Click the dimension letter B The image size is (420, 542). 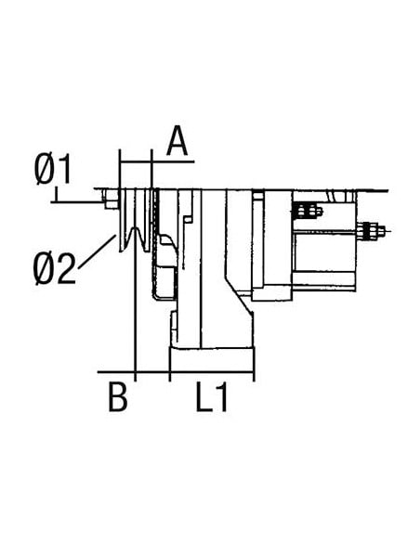click(116, 399)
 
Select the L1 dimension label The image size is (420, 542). click(213, 399)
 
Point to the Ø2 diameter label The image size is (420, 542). click(53, 269)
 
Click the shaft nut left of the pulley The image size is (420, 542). click(112, 200)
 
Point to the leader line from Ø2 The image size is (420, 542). click(98, 252)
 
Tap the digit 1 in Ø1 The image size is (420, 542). click(69, 171)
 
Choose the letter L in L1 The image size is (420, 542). click(203, 399)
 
